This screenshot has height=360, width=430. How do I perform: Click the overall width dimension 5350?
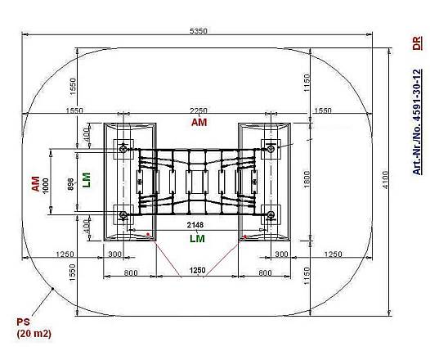pos(199,31)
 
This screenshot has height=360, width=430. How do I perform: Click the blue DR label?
pos(417,45)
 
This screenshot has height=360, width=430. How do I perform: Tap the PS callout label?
pos(22,322)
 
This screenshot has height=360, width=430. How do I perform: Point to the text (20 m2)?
pos(32,334)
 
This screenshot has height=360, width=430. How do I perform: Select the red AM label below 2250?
pos(199,123)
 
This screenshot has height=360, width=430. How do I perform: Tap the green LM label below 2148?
pos(197,238)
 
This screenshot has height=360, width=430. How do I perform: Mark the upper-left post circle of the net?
pos(123,148)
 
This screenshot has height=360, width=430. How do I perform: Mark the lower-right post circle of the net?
pos(271,215)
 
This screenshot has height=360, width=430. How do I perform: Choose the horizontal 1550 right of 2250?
pos(323,110)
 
